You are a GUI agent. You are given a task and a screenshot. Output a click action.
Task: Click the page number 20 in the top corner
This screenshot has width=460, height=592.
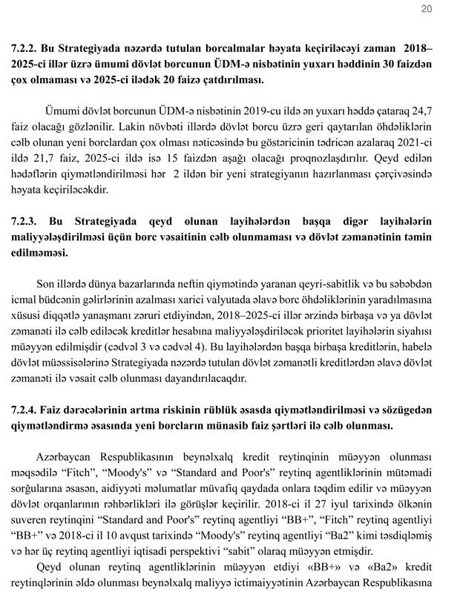[426, 9]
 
